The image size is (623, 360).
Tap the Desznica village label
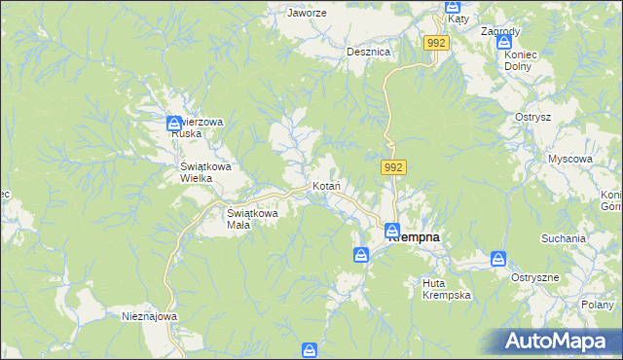pyautogui.click(x=369, y=52)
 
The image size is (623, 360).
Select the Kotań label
pyautogui.click(x=324, y=185)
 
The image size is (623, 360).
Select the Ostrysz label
pyautogui.click(x=533, y=117)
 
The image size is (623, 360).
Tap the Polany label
pyautogui.click(x=603, y=305)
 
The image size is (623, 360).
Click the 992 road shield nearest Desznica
pyautogui.click(x=436, y=43)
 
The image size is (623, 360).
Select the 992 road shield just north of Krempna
pyautogui.click(x=393, y=168)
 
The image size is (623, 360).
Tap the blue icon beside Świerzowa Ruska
pyautogui.click(x=173, y=123)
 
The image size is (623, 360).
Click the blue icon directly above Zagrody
pyautogui.click(x=506, y=42)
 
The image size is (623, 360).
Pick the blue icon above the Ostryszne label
pyautogui.click(x=498, y=259)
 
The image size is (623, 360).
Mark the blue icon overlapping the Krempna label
pyautogui.click(x=391, y=232)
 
